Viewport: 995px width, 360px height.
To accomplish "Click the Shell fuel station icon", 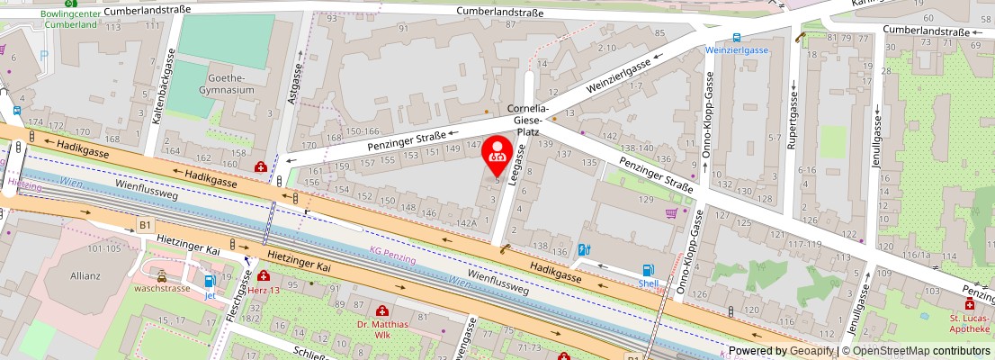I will (x=648, y=269).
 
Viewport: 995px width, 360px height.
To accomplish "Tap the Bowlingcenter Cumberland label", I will (x=69, y=19).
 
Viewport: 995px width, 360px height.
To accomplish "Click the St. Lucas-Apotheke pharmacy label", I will (x=969, y=322).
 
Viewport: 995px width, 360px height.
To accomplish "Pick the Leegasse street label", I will (x=515, y=167).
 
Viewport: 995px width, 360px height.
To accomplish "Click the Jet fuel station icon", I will (x=210, y=281).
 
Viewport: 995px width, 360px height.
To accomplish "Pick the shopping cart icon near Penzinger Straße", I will (x=671, y=213).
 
